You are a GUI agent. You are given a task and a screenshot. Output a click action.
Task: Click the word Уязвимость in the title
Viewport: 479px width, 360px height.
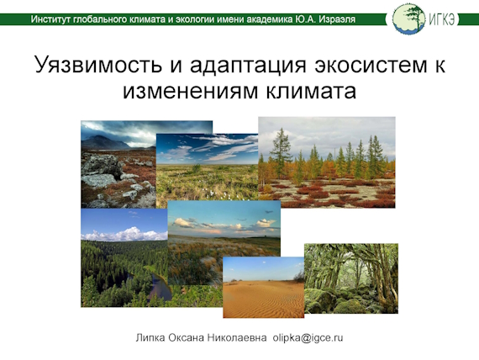[x=98, y=64]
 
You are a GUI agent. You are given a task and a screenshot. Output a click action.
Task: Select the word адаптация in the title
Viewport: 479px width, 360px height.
[x=248, y=66]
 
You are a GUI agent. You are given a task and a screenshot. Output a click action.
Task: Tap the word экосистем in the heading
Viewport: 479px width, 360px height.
[x=371, y=65]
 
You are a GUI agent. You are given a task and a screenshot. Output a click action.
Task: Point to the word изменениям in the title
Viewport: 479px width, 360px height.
[x=191, y=91]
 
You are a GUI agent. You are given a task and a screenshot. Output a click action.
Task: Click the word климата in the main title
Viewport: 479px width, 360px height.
[x=311, y=91]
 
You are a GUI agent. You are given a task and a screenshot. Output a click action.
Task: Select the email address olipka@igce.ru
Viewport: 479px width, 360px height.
[x=308, y=338]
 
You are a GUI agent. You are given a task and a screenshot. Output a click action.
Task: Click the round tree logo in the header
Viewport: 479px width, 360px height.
[x=408, y=19]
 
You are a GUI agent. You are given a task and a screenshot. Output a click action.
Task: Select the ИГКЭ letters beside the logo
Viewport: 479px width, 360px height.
[x=442, y=19]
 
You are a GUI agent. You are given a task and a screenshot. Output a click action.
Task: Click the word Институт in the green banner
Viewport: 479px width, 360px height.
[x=50, y=19]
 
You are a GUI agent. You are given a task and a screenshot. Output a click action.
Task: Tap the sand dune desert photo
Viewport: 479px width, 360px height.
[x=263, y=287]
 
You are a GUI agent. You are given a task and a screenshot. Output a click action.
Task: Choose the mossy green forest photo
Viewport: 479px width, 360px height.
[x=351, y=278]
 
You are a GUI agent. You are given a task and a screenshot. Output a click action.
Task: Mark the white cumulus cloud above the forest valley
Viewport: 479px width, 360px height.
[x=124, y=235]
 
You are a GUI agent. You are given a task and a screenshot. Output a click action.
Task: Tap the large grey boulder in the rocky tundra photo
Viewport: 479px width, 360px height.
[x=103, y=166]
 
